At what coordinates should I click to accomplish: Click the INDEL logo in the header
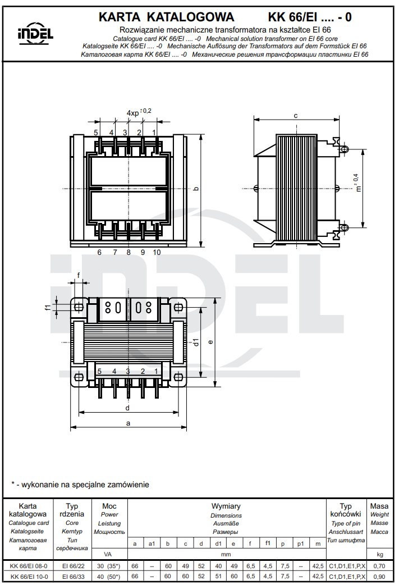point(35,33)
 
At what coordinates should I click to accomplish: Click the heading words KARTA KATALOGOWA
point(166,17)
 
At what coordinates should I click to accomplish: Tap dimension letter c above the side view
point(296,115)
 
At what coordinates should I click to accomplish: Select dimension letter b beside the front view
point(196,189)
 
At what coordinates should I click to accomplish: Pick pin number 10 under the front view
point(157,253)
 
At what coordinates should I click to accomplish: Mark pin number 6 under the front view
point(99,253)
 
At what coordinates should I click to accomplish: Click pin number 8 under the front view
point(129,253)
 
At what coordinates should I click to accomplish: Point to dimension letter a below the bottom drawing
point(129,423)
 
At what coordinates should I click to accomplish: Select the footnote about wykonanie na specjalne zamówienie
point(80,484)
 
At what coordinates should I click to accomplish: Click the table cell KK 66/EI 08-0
point(29,567)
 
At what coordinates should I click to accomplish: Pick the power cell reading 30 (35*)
point(109,567)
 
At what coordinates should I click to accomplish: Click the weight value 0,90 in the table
point(380,577)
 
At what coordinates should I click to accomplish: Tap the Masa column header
point(380,506)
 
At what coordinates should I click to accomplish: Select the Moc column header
point(109,506)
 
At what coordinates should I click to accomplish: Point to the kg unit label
point(380,555)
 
